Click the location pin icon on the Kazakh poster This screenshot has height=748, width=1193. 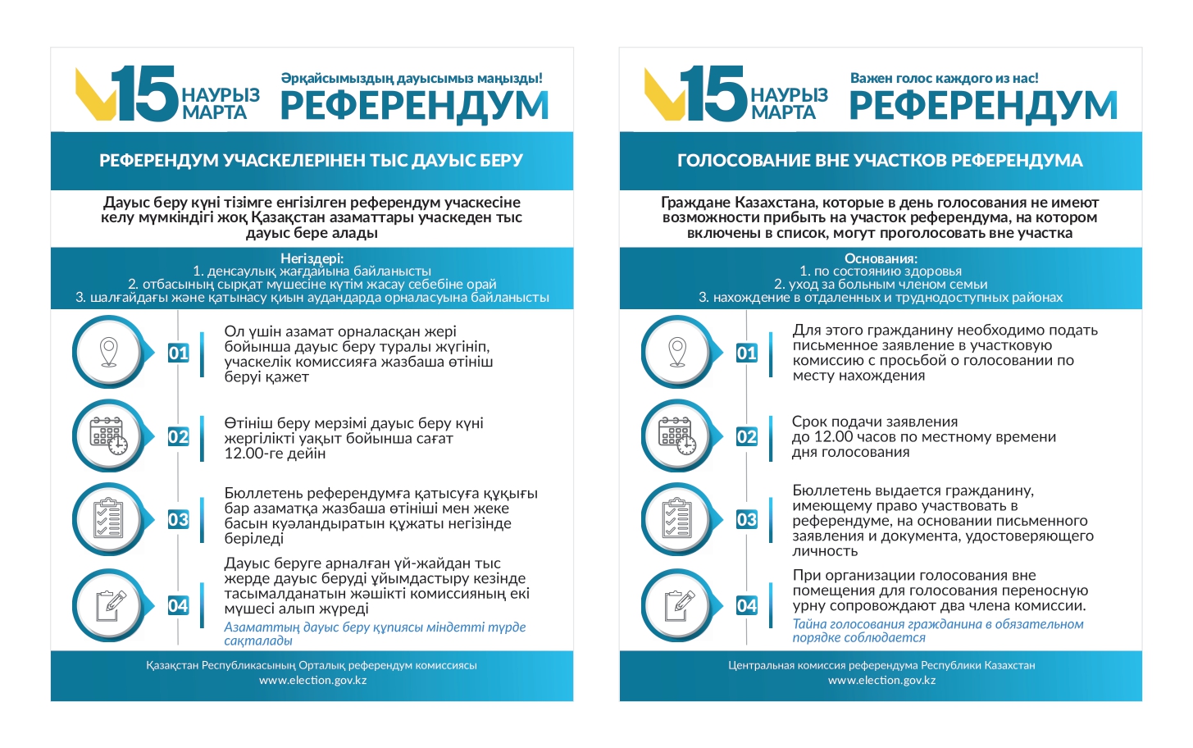(x=108, y=352)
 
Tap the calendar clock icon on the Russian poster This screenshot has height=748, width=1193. (x=677, y=436)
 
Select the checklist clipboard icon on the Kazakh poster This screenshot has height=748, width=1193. (x=108, y=519)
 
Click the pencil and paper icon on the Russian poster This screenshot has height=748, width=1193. (x=677, y=605)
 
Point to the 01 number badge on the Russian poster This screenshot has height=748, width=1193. (x=746, y=353)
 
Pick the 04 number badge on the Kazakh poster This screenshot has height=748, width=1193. (x=178, y=605)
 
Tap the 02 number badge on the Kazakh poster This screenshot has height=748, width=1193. (x=178, y=436)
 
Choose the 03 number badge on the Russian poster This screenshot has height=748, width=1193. (x=746, y=519)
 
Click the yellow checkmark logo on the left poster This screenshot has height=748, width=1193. (x=93, y=93)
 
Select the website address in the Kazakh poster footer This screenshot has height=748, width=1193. (x=312, y=680)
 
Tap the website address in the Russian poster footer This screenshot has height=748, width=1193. (x=881, y=680)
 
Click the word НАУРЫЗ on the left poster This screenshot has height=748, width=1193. (x=221, y=95)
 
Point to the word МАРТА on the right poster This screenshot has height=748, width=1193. (x=783, y=112)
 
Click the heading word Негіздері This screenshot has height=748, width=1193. (x=312, y=258)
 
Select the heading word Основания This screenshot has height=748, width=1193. (x=881, y=258)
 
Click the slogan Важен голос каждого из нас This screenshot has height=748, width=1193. (x=944, y=78)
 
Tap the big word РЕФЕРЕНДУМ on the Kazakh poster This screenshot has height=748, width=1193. (x=414, y=106)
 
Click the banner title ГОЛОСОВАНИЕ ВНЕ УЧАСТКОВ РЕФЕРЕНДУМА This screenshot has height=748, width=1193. (x=880, y=161)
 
